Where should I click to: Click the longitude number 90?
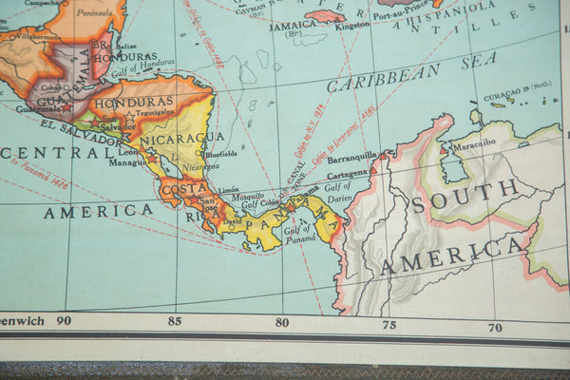pos(63,321)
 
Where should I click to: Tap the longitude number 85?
pos(175,321)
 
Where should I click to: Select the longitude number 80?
pos(282,322)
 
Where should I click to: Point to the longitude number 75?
pos(389,325)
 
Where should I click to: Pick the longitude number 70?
pos(495,328)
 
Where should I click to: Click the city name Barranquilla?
pos(351,157)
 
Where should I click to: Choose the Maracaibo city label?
pos(473,145)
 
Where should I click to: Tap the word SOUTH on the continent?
pos(465,195)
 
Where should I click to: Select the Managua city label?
pos(127,162)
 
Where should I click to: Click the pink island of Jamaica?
pos(326,15)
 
